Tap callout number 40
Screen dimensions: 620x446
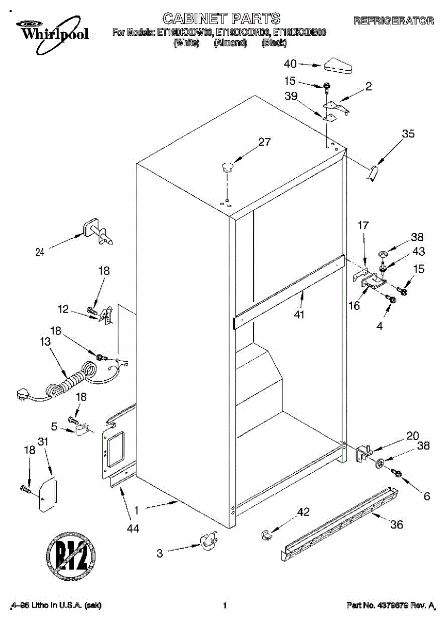[x=291, y=64]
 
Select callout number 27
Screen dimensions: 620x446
[x=264, y=143]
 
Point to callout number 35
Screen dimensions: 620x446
[x=408, y=134]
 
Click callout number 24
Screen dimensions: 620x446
[x=40, y=252]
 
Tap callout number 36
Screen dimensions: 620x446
[x=396, y=525]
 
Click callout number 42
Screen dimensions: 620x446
[x=304, y=512]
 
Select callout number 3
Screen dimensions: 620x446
[x=160, y=553]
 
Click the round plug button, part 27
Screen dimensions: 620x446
[x=227, y=166]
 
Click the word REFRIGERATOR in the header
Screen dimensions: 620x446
[x=393, y=21]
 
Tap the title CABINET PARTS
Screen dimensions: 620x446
[x=221, y=19]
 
